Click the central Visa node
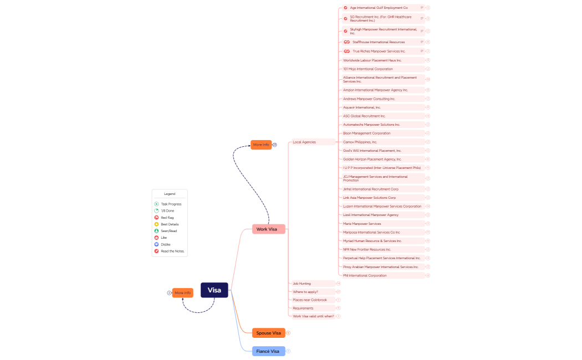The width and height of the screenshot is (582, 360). click(x=214, y=290)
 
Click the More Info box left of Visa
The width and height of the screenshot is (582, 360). click(x=183, y=292)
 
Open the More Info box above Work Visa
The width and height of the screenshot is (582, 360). click(x=261, y=145)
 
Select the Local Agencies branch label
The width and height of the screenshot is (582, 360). click(x=304, y=142)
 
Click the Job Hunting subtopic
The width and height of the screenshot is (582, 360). click(x=302, y=284)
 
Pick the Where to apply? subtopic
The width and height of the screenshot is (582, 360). click(x=305, y=292)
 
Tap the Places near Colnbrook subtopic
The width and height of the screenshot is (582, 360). click(x=310, y=300)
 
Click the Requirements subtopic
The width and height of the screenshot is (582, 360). click(x=303, y=308)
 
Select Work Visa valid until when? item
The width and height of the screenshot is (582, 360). click(x=313, y=316)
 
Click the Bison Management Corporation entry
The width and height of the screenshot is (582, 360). click(x=366, y=133)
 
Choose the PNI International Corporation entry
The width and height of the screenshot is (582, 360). click(x=365, y=275)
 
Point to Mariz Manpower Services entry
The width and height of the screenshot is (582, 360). click(x=362, y=224)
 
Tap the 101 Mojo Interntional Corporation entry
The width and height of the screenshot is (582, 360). click(x=367, y=69)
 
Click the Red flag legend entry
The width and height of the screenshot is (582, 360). click(x=167, y=218)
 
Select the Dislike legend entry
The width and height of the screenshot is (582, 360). click(x=166, y=244)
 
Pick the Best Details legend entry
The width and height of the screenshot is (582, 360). click(x=170, y=224)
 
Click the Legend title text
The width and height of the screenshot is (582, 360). click(x=170, y=194)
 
